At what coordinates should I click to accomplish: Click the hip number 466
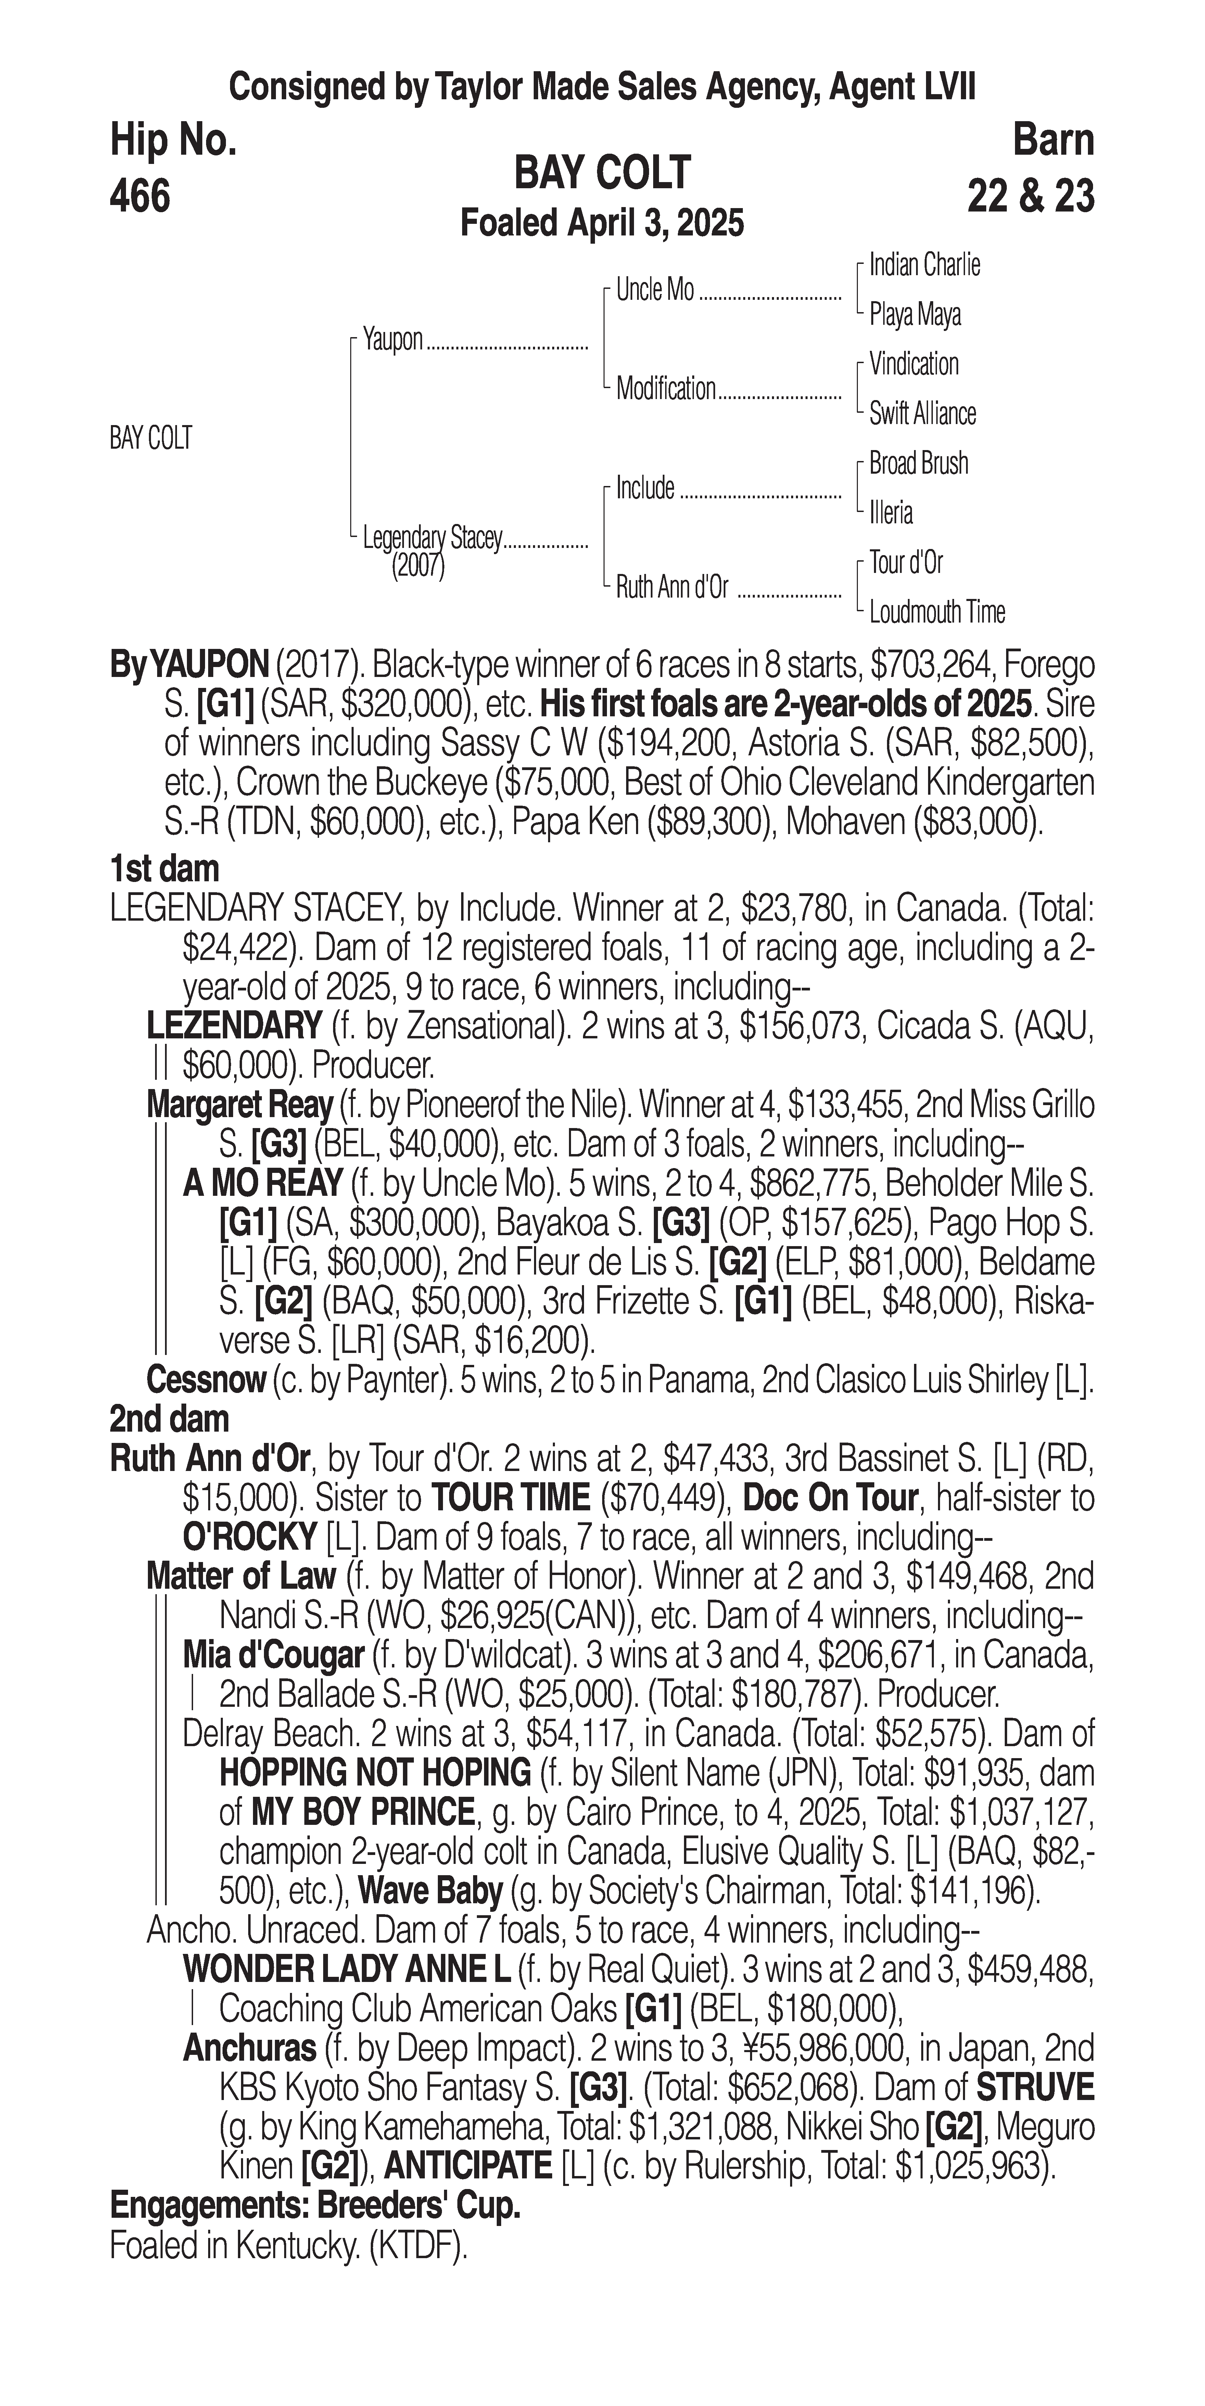pyautogui.click(x=140, y=196)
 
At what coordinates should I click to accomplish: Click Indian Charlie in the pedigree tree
pyautogui.click(x=924, y=265)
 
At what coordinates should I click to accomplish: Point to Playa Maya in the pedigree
pyautogui.click(x=914, y=315)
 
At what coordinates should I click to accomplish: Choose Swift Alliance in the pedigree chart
pyautogui.click(x=922, y=414)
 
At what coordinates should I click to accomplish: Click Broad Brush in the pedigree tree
pyautogui.click(x=918, y=463)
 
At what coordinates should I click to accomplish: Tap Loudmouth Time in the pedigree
pyautogui.click(x=937, y=613)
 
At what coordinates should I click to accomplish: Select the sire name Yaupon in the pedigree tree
pyautogui.click(x=393, y=340)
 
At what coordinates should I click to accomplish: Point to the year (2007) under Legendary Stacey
pyautogui.click(x=418, y=566)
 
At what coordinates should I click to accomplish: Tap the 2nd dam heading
pyautogui.click(x=169, y=1419)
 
